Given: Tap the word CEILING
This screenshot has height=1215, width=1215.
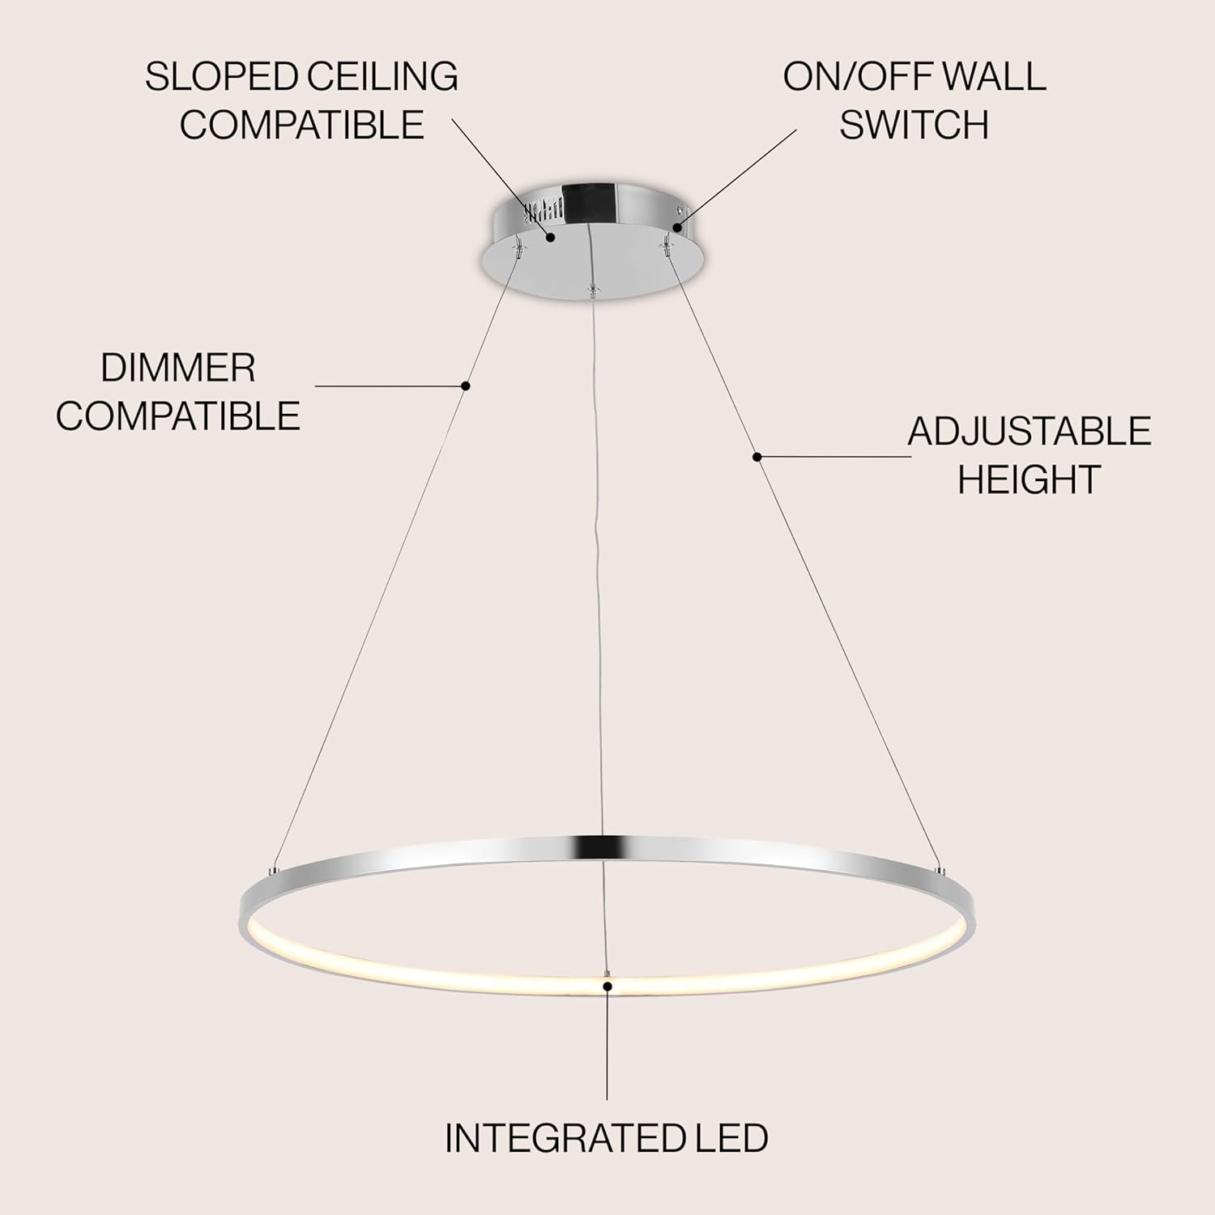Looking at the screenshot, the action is click(x=382, y=77).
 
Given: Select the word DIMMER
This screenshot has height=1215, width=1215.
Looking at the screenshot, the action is click(x=178, y=369).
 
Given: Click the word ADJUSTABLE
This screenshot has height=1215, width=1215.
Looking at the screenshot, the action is click(x=1030, y=431).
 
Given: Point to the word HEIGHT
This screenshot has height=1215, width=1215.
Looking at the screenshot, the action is click(x=1029, y=479).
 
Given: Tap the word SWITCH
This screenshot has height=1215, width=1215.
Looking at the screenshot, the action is click(x=914, y=125).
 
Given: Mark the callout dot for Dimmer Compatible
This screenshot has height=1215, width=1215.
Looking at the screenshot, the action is click(x=466, y=386).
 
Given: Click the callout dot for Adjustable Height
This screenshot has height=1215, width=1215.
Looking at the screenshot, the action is click(x=757, y=457).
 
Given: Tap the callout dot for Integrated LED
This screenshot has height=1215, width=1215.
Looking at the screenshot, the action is click(x=607, y=986).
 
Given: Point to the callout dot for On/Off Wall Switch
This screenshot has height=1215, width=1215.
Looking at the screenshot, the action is click(x=677, y=229).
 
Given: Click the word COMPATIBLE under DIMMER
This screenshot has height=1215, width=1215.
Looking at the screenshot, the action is click(x=178, y=416).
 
